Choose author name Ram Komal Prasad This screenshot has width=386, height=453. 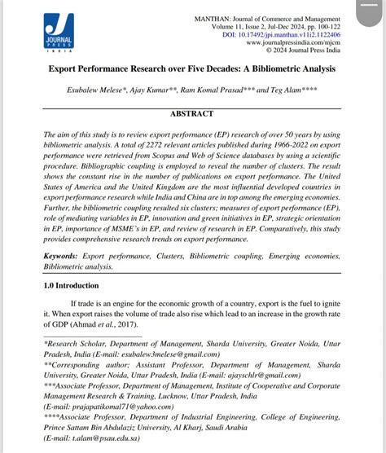tap(235, 88)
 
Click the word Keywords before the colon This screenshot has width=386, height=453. tap(65, 256)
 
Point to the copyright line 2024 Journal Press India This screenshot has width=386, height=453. tap(301, 51)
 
